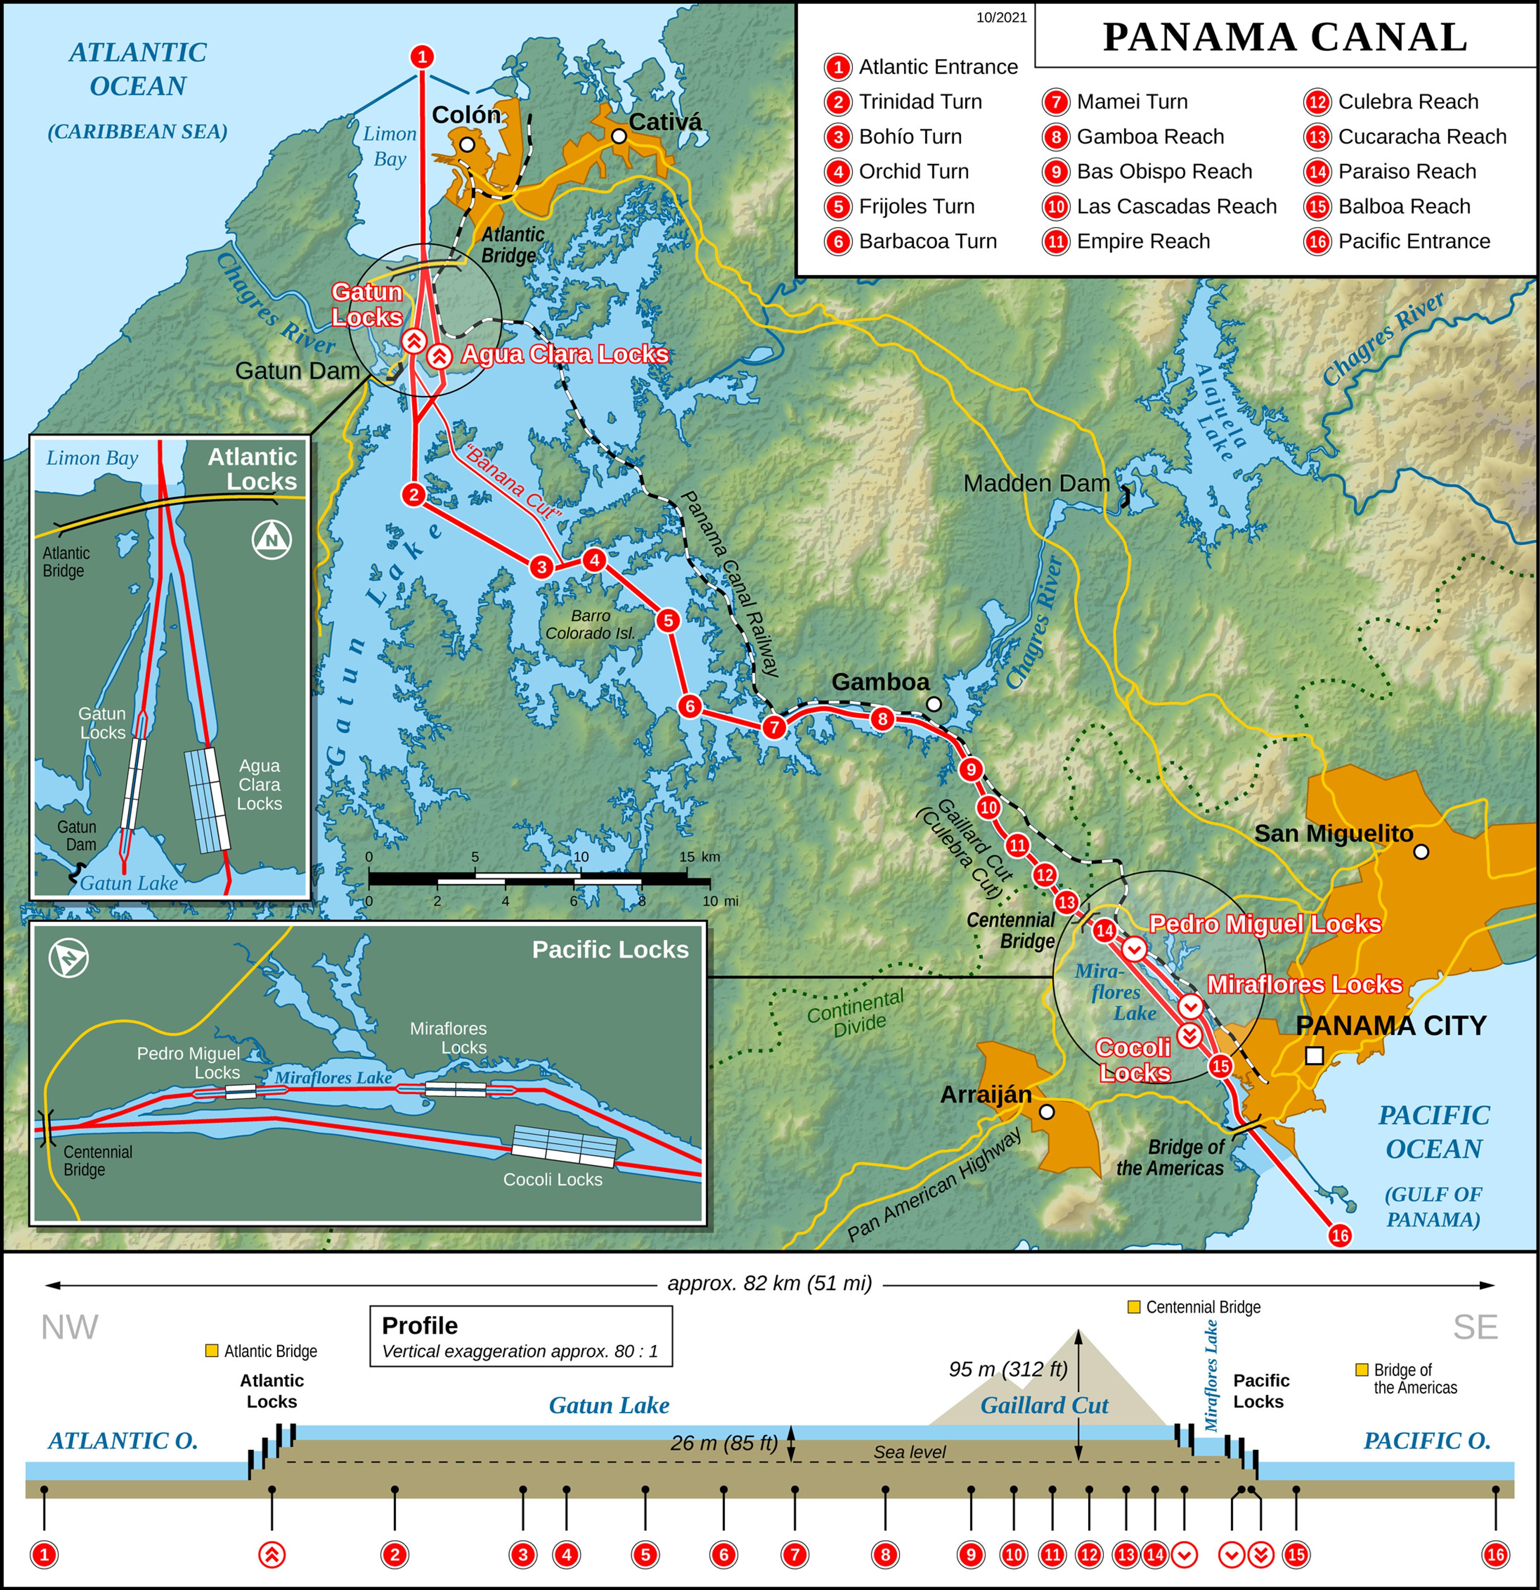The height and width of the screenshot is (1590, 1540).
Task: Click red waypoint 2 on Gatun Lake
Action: (413, 494)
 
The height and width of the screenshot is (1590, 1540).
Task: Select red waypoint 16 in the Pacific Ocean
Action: (1340, 1235)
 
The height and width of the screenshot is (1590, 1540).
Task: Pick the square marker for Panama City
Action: (1315, 1055)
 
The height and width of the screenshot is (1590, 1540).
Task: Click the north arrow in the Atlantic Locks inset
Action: (272, 539)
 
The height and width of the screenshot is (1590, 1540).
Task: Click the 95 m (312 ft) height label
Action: (1008, 1369)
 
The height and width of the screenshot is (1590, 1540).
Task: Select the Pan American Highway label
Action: (934, 1186)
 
